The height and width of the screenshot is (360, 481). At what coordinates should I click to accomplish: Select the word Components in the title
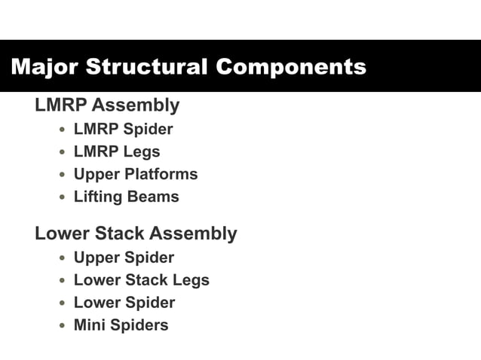pyautogui.click(x=291, y=66)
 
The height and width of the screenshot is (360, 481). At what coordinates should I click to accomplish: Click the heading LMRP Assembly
pyautogui.click(x=107, y=105)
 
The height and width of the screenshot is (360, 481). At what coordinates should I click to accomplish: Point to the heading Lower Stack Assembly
pyautogui.click(x=136, y=233)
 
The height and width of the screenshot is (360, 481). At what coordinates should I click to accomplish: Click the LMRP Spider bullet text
pyautogui.click(x=123, y=129)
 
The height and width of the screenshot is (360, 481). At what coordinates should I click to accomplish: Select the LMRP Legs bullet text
pyautogui.click(x=117, y=151)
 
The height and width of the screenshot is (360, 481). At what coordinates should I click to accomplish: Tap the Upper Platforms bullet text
pyautogui.click(x=136, y=174)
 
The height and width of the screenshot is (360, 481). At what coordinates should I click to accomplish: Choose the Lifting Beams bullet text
pyautogui.click(x=126, y=197)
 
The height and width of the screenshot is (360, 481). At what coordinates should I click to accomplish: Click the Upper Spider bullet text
pyautogui.click(x=124, y=258)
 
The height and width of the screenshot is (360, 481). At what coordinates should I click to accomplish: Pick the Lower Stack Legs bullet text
pyautogui.click(x=141, y=280)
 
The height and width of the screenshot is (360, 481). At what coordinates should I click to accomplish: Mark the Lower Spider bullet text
pyautogui.click(x=124, y=303)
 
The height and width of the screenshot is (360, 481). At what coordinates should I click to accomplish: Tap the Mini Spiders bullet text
pyautogui.click(x=121, y=325)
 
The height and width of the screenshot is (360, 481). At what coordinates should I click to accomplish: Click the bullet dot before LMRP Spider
pyautogui.click(x=63, y=130)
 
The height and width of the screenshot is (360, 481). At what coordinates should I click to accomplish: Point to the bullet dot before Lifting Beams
pyautogui.click(x=63, y=197)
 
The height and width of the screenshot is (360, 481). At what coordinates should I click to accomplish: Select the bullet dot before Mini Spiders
pyautogui.click(x=63, y=326)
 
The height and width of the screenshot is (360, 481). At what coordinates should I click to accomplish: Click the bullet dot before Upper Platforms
pyautogui.click(x=63, y=175)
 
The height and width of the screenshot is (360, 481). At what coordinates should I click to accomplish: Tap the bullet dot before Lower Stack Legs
pyautogui.click(x=63, y=281)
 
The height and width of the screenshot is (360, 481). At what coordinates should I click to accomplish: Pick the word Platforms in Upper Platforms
pyautogui.click(x=162, y=174)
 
